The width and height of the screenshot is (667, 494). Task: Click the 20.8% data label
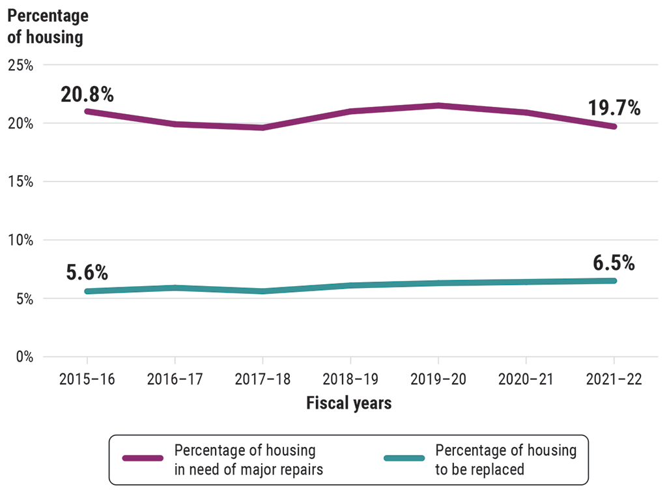pyautogui.click(x=87, y=94)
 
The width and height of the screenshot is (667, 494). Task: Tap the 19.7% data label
pyautogui.click(x=614, y=108)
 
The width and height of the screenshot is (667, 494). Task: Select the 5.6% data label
pyautogui.click(x=87, y=272)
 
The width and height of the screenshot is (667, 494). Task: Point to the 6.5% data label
pyautogui.click(x=614, y=263)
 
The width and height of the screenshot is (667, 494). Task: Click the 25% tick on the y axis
pyautogui.click(x=21, y=65)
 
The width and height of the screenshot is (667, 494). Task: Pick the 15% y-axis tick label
pyautogui.click(x=21, y=182)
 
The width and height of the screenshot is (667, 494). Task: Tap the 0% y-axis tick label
pyautogui.click(x=24, y=356)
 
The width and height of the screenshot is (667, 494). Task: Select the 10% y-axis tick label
pyautogui.click(x=21, y=240)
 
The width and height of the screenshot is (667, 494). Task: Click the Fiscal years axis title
pyautogui.click(x=349, y=403)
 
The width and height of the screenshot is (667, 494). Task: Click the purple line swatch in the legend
pyautogui.click(x=143, y=459)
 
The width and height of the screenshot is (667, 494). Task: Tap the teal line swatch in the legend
pyautogui.click(x=404, y=459)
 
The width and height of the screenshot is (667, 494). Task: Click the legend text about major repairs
pyautogui.click(x=249, y=459)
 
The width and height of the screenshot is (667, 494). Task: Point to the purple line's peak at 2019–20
pyautogui.click(x=438, y=106)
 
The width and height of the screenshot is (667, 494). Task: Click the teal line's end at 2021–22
pyautogui.click(x=613, y=281)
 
